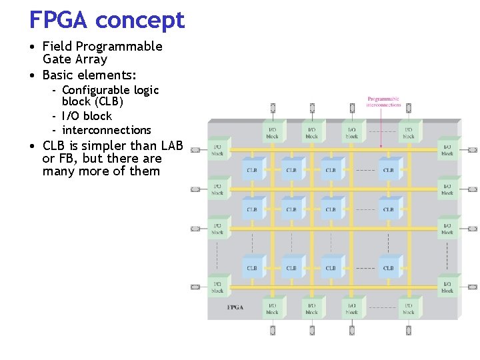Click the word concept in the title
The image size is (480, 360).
pos(139,21)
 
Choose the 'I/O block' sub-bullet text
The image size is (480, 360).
pos(87,116)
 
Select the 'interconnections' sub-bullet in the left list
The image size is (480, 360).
pos(106,130)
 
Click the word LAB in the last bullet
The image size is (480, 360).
pos(171,145)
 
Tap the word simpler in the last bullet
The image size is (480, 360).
pos(109,145)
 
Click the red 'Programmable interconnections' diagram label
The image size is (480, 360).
pos(384,102)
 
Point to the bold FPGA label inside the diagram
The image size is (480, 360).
pos(235,307)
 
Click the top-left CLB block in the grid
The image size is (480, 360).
pos(253,169)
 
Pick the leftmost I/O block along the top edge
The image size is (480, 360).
pos(273,133)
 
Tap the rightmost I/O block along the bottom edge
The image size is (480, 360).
pos(409,308)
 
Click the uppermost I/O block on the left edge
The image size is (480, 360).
pos(217,150)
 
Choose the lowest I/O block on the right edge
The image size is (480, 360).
pos(447,287)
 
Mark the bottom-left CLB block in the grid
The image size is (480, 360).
pos(253,267)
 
